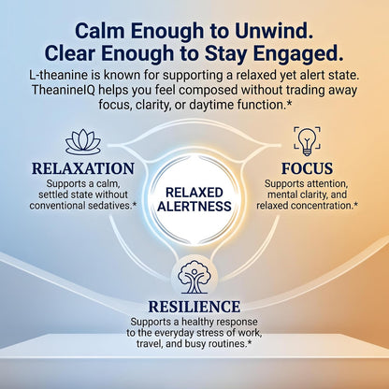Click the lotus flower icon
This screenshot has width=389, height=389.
83,142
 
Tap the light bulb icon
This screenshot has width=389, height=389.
307,141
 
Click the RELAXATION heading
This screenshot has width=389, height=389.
83,168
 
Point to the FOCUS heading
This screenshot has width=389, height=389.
307,168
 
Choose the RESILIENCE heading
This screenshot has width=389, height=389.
194,307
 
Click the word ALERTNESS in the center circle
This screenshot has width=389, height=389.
194,207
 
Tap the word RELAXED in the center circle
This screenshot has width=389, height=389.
194,193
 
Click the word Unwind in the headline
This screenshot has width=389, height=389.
274,31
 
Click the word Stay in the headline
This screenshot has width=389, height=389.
227,54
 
